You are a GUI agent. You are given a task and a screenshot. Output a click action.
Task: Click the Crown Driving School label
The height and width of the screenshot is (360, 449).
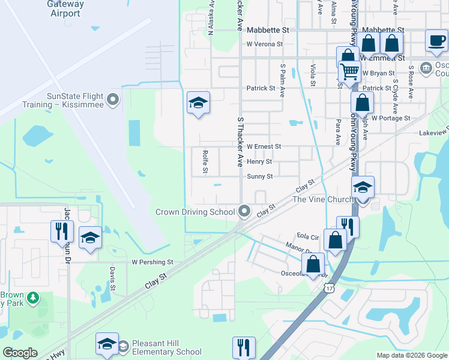click(195, 212)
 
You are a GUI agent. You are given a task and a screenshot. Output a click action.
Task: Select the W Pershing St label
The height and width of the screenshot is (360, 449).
click(152, 262)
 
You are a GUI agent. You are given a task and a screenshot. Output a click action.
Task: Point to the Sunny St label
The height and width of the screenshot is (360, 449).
click(260, 176)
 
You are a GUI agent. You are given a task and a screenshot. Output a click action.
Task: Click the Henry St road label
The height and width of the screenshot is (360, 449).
click(259, 161)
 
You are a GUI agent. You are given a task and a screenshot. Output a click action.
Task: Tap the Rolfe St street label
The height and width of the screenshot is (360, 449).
click(205, 162)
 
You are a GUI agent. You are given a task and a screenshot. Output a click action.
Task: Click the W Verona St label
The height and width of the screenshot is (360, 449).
click(264, 44)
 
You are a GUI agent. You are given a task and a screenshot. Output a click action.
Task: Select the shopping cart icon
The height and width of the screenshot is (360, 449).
click(349, 71)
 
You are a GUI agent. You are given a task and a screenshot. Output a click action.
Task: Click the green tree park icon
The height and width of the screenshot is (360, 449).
click(34, 298)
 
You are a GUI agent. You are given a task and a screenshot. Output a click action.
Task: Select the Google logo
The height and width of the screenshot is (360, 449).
click(20, 353)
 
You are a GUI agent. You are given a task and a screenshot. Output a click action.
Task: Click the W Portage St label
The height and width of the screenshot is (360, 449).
click(390, 118)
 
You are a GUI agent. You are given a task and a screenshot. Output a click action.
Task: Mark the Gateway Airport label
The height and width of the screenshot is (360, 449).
click(64, 8)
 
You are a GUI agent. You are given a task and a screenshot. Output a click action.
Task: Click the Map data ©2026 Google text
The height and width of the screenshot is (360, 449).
click(411, 355)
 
